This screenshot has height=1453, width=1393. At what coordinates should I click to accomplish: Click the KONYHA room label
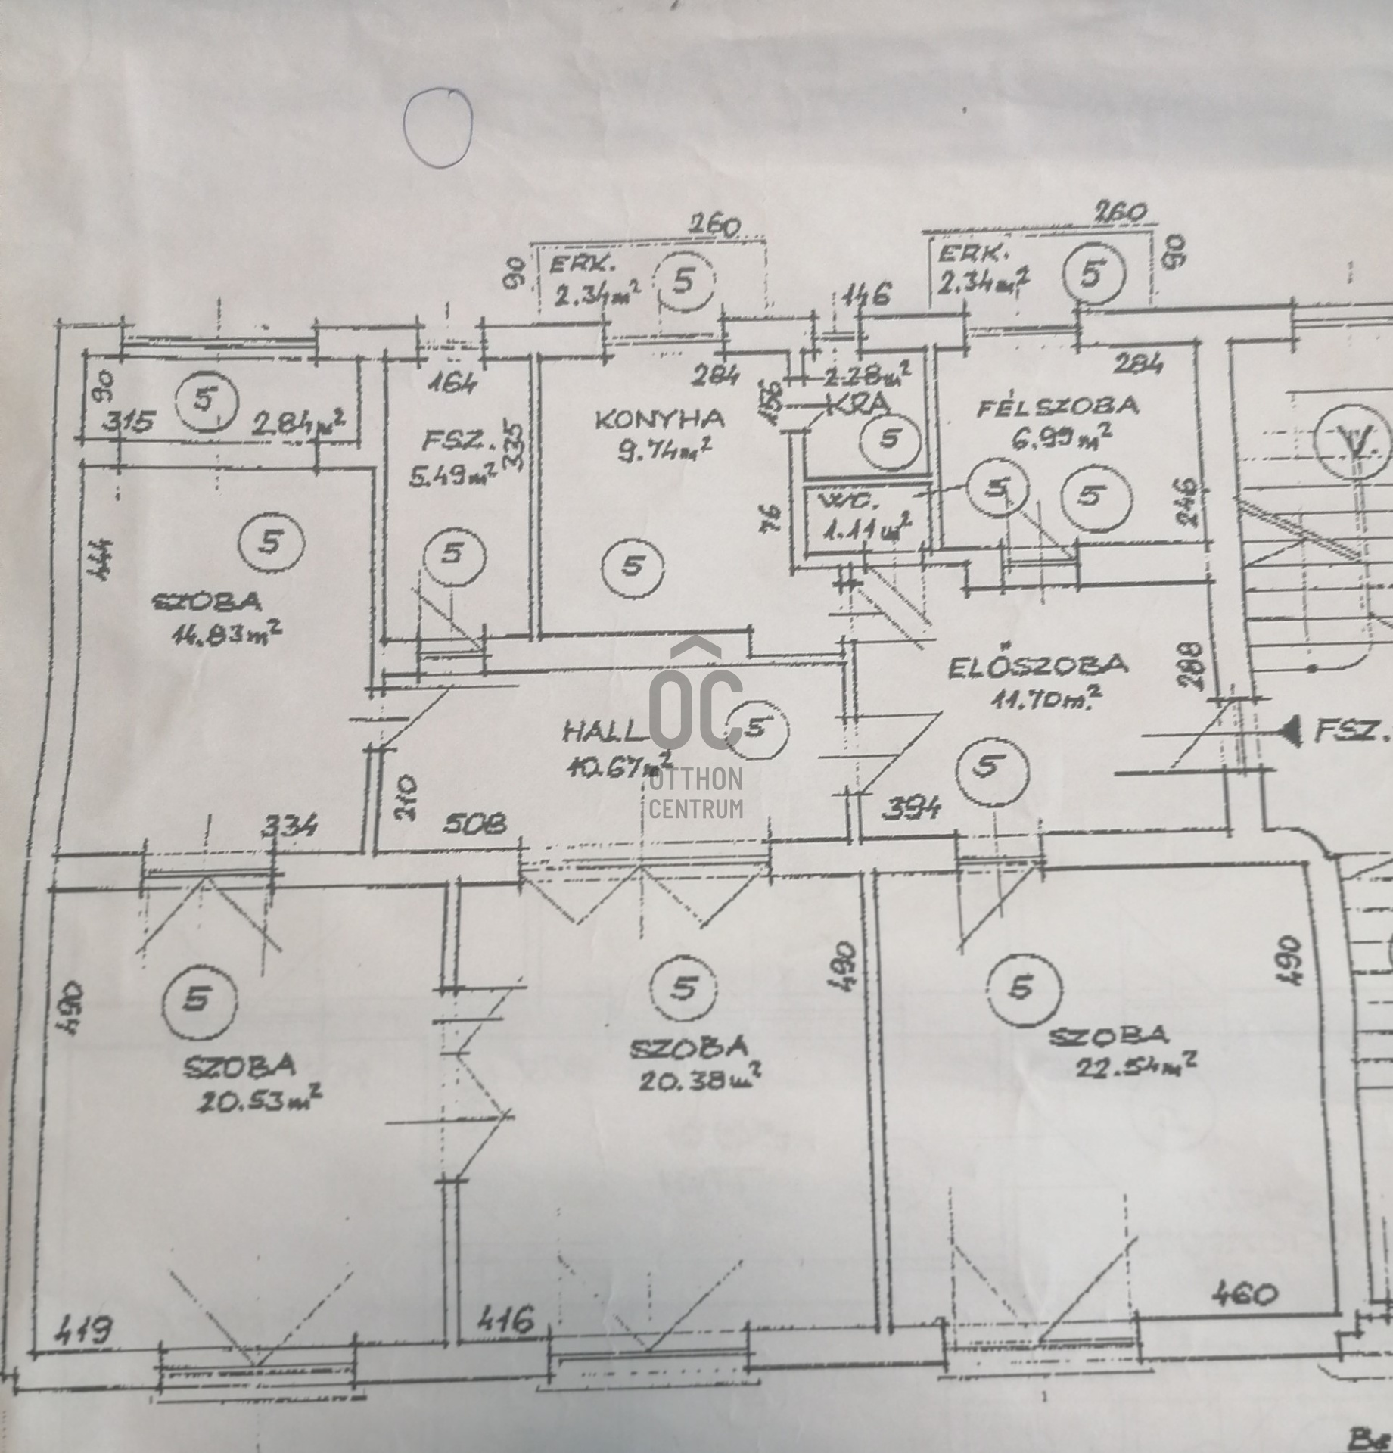(x=658, y=419)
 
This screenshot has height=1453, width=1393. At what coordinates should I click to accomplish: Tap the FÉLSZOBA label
(x=1057, y=407)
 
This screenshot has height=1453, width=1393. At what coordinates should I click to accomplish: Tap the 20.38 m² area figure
(x=699, y=1078)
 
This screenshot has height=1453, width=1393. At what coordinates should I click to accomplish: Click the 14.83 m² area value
(x=228, y=633)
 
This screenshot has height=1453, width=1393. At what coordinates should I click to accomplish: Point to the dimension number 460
(x=1244, y=1295)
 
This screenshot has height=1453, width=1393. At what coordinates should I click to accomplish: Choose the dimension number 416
(x=506, y=1320)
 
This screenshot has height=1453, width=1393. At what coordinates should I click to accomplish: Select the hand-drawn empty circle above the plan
(x=437, y=126)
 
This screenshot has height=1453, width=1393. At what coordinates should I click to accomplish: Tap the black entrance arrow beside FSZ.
(x=1290, y=730)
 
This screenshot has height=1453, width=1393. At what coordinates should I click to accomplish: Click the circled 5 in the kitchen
(x=633, y=565)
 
